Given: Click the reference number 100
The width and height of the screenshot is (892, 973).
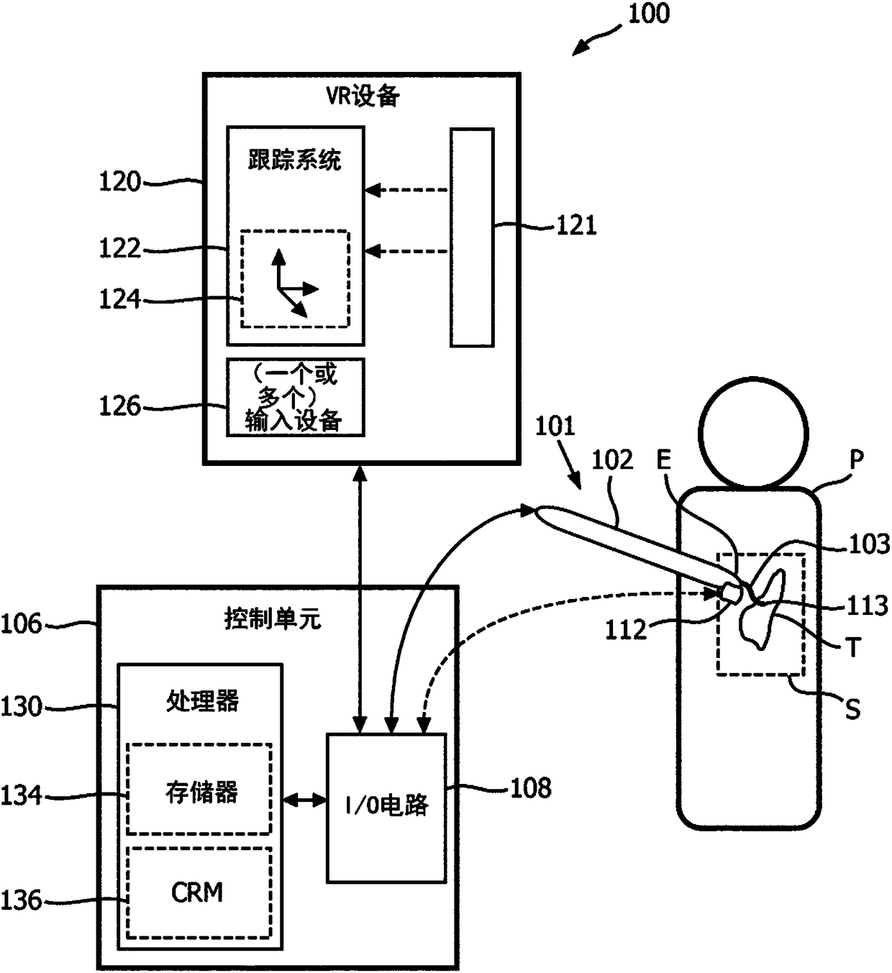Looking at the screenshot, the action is tap(649, 14).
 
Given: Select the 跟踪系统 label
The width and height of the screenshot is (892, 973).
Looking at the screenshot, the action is tap(295, 160).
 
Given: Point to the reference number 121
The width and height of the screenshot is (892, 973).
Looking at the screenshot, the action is tap(576, 226).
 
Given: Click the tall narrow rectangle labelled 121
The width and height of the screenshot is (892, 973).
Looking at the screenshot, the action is tap(472, 237).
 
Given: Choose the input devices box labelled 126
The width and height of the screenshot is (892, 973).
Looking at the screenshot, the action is tap(295, 398).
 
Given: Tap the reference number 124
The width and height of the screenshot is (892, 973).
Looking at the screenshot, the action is tap(119, 299).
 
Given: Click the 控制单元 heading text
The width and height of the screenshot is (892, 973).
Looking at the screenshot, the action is tap(272, 619).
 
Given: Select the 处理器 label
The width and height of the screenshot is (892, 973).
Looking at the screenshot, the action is tap(202, 701).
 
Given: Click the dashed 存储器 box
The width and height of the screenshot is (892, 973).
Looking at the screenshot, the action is tap(199, 789).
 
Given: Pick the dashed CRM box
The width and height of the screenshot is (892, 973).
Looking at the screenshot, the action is tap(199, 893).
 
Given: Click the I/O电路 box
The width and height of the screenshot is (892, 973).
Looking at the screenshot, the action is tap(386, 807).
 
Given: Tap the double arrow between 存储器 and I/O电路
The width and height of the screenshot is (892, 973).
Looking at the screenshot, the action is tap(304, 800).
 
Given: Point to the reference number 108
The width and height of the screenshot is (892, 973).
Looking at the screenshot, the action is tap(531, 788).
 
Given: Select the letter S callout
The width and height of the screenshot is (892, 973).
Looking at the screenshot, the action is tap(852, 709).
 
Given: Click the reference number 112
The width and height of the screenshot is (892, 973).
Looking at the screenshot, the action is tap(626, 630).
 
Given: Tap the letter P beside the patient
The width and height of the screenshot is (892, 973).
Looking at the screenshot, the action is tap(857, 458).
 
